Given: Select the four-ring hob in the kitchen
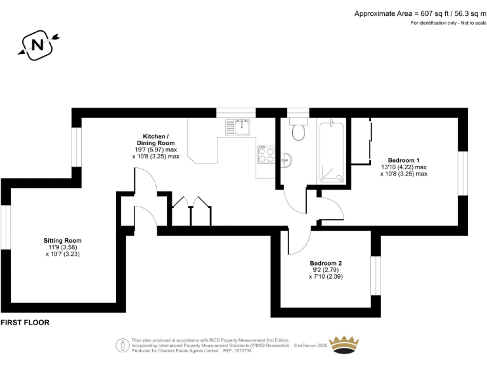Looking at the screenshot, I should click(266, 156).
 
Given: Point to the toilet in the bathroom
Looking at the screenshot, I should click(298, 131).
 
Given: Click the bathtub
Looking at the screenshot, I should click(332, 151).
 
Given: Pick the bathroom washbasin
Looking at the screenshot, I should click(287, 159).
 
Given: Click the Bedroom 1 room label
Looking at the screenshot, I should click(403, 160).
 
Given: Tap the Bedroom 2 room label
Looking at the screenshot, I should click(326, 263).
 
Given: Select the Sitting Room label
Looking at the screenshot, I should click(62, 241).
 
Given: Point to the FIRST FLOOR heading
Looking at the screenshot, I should click(25, 323).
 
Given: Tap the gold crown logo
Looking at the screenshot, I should click(346, 346).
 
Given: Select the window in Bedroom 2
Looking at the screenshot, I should click(375, 276).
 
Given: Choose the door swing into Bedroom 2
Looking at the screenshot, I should click(299, 241).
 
